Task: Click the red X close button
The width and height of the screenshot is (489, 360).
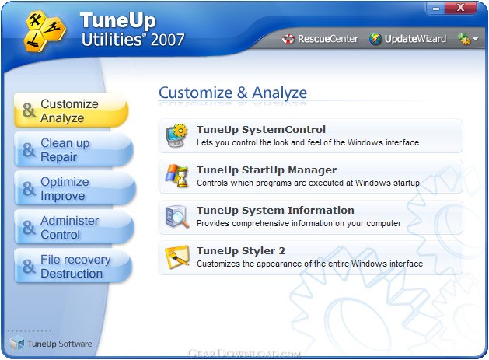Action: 460,8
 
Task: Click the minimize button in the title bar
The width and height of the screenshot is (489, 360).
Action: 436,8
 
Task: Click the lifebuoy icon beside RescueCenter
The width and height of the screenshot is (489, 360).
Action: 288,39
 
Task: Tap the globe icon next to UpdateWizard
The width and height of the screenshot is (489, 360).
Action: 375,39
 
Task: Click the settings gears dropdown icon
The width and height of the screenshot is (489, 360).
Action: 467,39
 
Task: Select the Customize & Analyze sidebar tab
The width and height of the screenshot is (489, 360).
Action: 71,110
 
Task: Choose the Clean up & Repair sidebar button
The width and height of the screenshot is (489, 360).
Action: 73,149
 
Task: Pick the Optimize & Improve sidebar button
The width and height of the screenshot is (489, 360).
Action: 74,188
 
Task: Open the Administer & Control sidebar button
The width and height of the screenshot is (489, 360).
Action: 74,227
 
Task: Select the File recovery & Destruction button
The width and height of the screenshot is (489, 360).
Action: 73,266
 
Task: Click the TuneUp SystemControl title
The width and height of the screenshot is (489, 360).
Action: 261,130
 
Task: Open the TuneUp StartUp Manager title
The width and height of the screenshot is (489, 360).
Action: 267,170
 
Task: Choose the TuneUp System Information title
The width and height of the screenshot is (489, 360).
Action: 275,211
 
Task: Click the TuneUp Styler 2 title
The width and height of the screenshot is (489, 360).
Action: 241,251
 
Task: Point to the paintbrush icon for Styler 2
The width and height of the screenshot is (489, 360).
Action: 177,257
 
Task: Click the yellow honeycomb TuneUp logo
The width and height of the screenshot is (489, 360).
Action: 44,31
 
